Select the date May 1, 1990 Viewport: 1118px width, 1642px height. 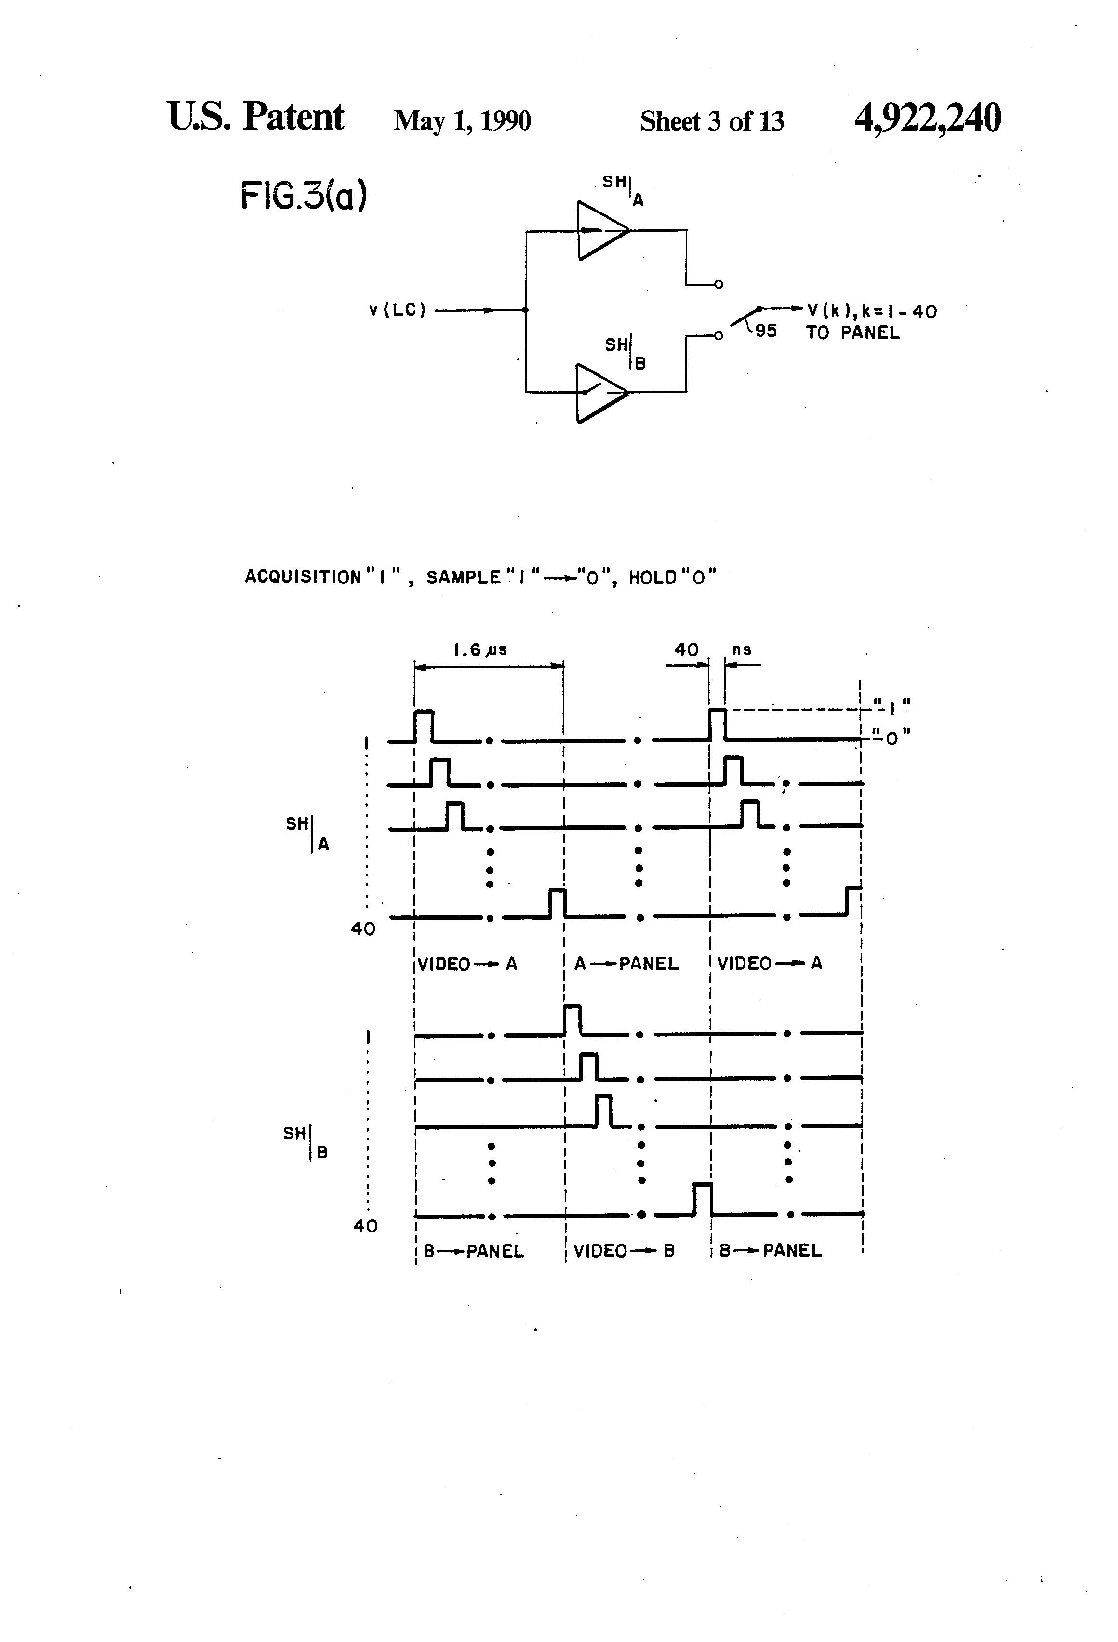pyautogui.click(x=462, y=121)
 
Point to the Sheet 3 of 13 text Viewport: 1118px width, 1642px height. pyautogui.click(x=712, y=121)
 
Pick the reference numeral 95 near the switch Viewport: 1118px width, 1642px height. pyautogui.click(x=766, y=331)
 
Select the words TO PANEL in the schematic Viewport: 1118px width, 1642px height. pyautogui.click(x=853, y=333)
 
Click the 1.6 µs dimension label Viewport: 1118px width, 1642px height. pyautogui.click(x=480, y=650)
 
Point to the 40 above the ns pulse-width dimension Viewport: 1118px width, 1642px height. pyautogui.click(x=686, y=650)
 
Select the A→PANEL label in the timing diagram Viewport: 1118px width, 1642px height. pyautogui.click(x=626, y=964)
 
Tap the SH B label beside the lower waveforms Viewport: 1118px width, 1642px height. pyautogui.click(x=306, y=1142)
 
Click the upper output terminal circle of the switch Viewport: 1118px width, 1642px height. pyautogui.click(x=719, y=285)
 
